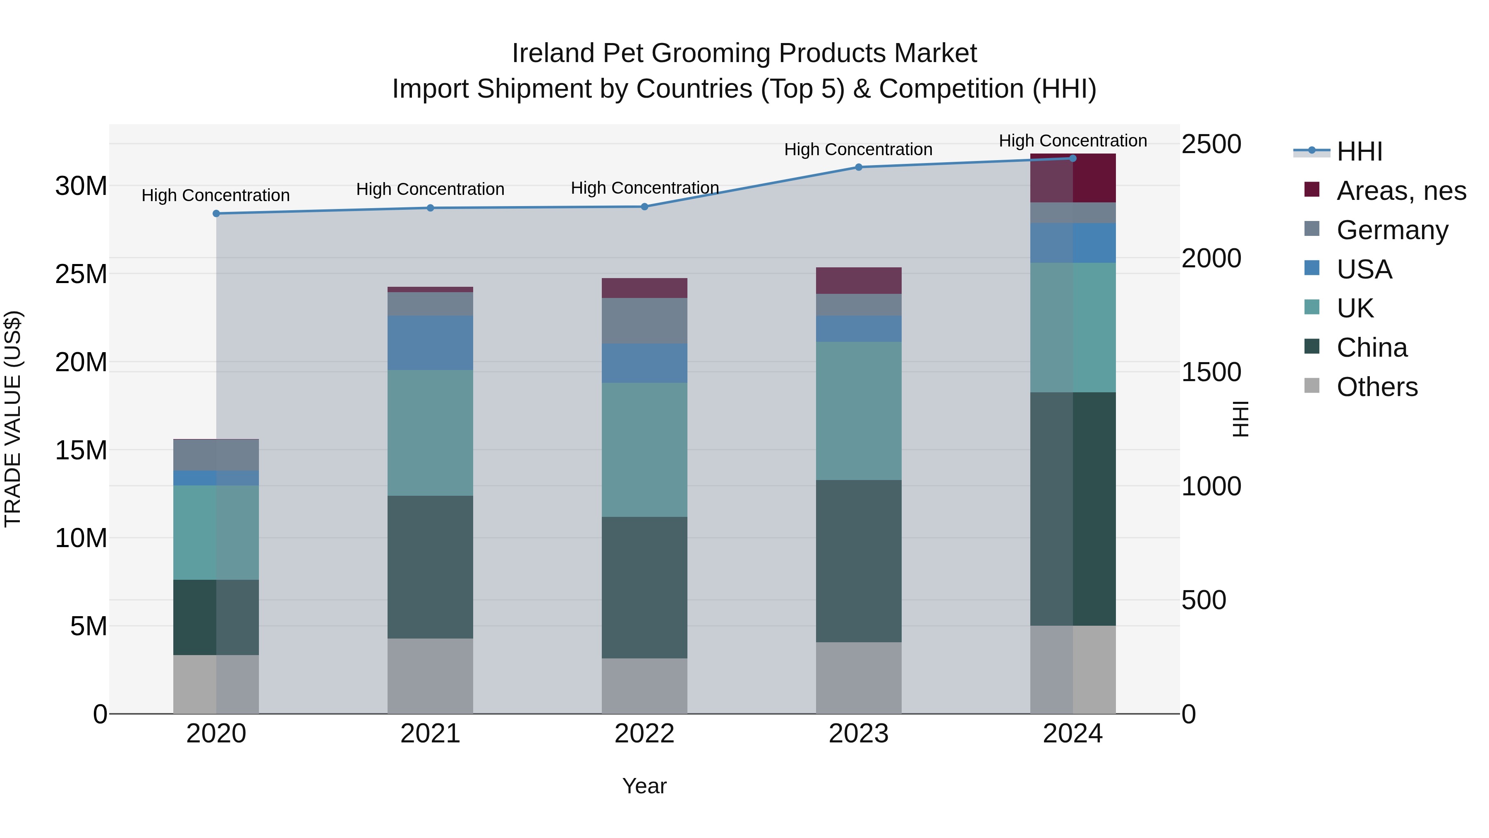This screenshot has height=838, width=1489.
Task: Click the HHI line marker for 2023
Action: coord(858,167)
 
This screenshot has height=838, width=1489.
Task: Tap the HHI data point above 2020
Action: coord(216,214)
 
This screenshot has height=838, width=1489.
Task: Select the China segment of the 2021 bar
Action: coord(430,567)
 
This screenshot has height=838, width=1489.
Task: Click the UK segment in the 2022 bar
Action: coord(644,449)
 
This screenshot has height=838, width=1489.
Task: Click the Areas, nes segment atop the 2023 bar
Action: coord(858,281)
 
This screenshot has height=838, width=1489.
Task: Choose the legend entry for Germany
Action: coord(1392,230)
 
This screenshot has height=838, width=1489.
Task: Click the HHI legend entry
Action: coord(1358,151)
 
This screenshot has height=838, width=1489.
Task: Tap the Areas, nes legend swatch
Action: coord(1312,190)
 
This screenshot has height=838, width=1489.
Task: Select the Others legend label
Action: coord(1377,387)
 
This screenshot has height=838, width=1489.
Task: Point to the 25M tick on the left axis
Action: coord(81,274)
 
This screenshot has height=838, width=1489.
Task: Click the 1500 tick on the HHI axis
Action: coord(1210,372)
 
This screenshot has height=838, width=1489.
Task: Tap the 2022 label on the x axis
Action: coord(644,733)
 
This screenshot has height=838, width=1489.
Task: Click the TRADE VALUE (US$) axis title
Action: coord(13,419)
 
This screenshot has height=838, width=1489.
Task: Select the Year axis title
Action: coord(644,786)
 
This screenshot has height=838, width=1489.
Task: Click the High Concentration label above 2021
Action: coord(430,189)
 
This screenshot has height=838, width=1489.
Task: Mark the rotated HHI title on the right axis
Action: coord(1240,419)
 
